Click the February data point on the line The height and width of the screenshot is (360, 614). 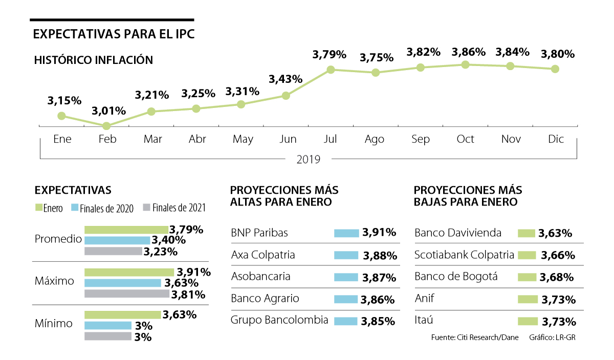click(x=106, y=126)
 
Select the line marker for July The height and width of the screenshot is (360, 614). click(x=331, y=69)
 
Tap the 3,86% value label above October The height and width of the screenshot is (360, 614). click(x=469, y=52)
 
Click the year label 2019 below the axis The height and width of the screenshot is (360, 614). click(x=309, y=160)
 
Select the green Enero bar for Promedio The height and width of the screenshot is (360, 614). click(x=126, y=230)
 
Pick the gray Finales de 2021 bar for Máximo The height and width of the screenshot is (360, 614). click(x=126, y=294)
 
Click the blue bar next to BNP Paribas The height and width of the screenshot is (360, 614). click(x=346, y=233)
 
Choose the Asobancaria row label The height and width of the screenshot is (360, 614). click(x=260, y=277)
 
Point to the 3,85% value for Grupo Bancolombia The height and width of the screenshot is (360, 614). click(x=378, y=322)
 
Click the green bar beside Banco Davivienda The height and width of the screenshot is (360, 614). click(x=527, y=233)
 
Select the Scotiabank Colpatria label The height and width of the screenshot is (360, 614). click(x=464, y=255)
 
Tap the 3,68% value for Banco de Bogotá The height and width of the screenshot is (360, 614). click(x=556, y=278)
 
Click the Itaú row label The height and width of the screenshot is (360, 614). click(x=424, y=321)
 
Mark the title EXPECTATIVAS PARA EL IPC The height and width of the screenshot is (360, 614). click(x=114, y=34)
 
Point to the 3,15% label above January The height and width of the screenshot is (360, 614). click(x=64, y=101)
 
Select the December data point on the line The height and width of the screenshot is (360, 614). click(x=555, y=69)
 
